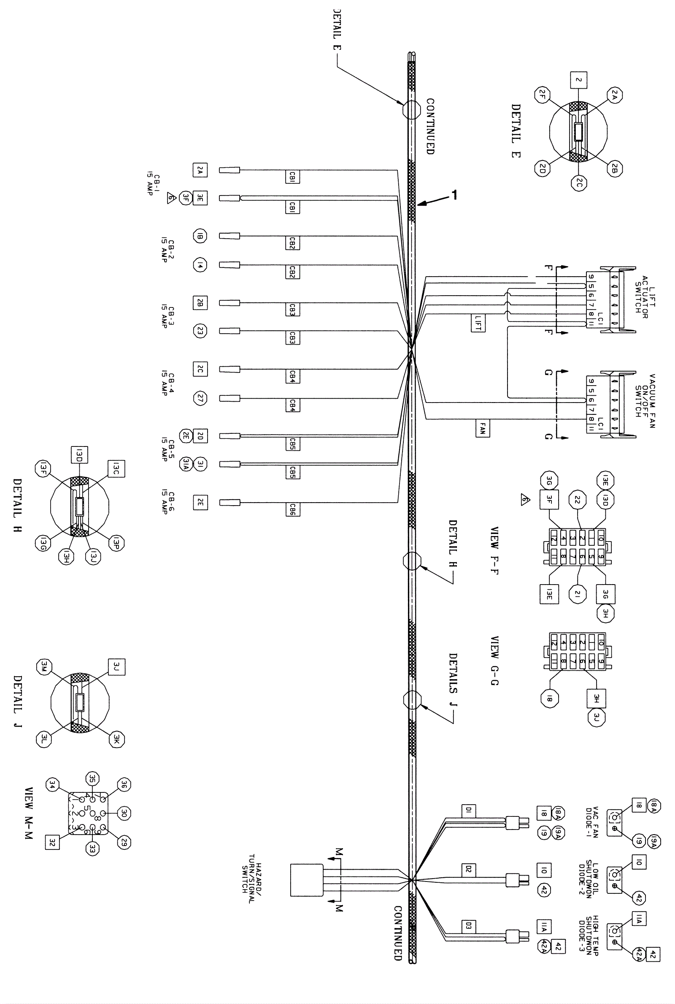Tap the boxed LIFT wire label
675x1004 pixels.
click(x=478, y=323)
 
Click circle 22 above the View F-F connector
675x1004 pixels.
click(x=577, y=500)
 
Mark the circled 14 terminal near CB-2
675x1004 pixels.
click(x=200, y=265)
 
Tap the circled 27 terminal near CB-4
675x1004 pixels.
click(x=200, y=399)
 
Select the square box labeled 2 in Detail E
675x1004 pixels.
click(x=579, y=80)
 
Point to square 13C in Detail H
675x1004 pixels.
click(x=116, y=469)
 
